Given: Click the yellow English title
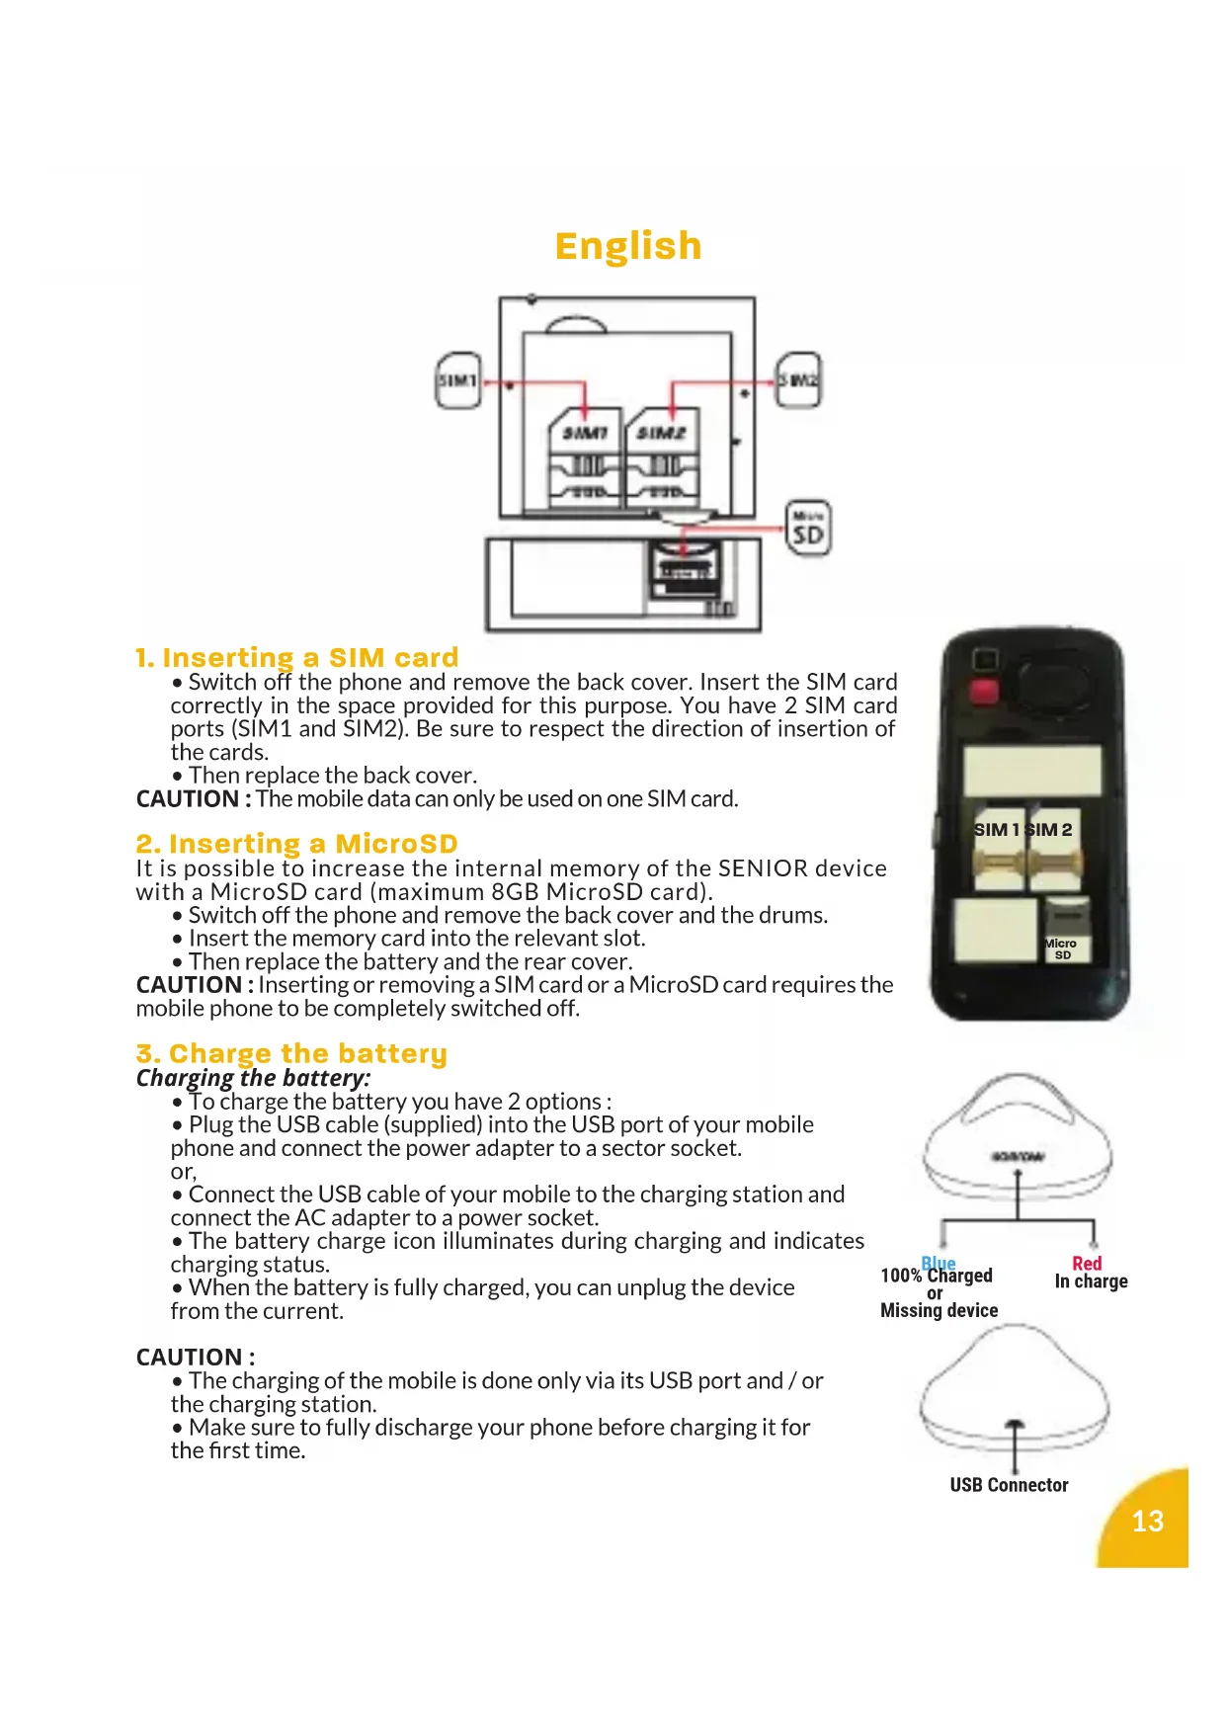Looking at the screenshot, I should tap(628, 246).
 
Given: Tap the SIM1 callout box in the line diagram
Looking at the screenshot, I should tap(458, 380).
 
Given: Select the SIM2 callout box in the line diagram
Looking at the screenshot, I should tap(798, 379).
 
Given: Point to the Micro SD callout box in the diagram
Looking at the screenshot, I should tap(808, 529).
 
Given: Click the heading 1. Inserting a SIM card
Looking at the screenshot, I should tap(297, 657).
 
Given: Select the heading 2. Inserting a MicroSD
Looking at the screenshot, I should tap(297, 844).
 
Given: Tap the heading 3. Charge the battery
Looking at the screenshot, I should tap(291, 1053).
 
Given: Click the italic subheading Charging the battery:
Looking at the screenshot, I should tap(253, 1078).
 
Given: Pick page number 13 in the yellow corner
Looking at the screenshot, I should tap(1147, 1521).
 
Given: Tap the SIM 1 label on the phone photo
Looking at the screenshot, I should tap(996, 830).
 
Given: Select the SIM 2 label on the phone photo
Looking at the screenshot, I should tap(1051, 830).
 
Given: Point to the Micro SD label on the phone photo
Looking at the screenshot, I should tap(1062, 949).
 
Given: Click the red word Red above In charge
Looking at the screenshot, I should tap(1087, 1263).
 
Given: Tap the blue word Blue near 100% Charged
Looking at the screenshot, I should tap(939, 1262).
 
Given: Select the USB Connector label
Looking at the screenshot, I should tap(1009, 1485).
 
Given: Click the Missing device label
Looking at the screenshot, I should tap(939, 1310).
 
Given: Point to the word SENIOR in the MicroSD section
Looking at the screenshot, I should tap(764, 868).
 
